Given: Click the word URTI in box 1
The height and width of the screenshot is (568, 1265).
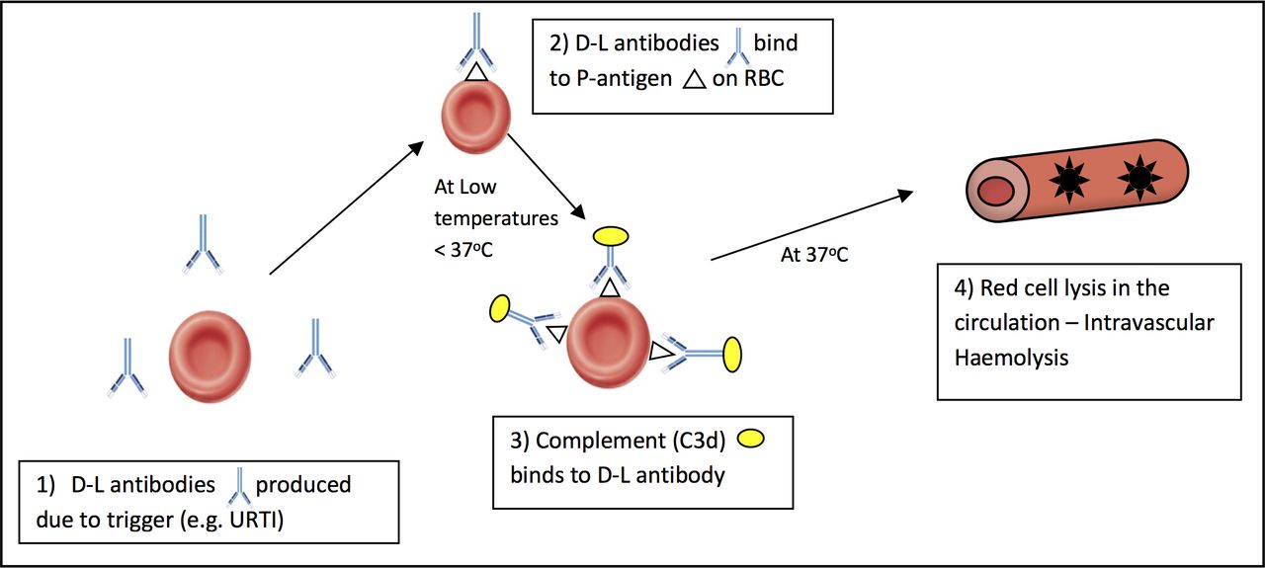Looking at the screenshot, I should [x=253, y=519].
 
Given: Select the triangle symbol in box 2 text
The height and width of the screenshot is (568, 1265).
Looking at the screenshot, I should [x=694, y=78].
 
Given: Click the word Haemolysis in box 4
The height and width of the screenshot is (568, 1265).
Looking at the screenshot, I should [x=1011, y=357].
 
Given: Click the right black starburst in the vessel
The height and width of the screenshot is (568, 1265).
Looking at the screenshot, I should [x=1139, y=177].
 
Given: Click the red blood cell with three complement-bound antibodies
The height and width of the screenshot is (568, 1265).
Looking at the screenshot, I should [x=608, y=343].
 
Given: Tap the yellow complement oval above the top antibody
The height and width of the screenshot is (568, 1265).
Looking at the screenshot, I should [x=612, y=236].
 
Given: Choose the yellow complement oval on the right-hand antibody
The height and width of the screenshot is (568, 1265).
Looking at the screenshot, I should [x=732, y=353].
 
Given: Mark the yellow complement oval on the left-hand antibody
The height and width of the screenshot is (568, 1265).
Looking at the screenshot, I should [x=498, y=309].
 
